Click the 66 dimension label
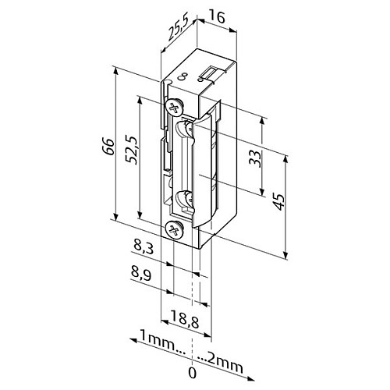108,147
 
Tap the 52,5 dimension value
132,149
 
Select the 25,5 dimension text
177,30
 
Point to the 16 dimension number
216,17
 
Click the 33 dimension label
255,158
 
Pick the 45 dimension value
278,201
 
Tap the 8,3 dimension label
144,247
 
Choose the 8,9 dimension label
141,275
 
